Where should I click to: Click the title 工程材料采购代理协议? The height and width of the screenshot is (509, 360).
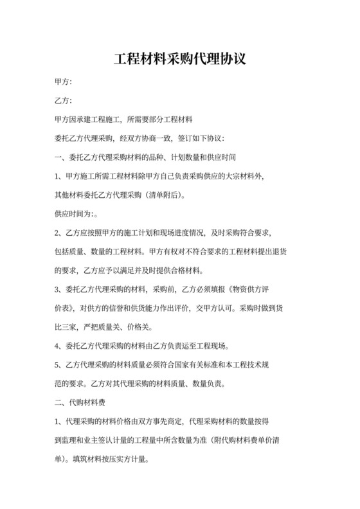point(179,60)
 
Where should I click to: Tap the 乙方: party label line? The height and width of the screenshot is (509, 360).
point(63,102)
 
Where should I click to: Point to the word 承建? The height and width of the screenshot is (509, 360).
point(87,120)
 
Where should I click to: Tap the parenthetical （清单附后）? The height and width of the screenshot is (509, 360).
point(163,194)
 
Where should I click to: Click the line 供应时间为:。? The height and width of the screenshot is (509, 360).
point(75,213)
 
